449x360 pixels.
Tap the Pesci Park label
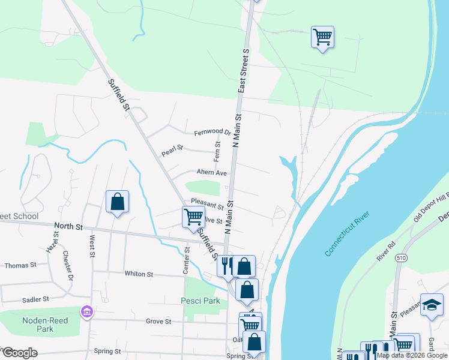(200, 301)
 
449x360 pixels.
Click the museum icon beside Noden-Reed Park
(86, 311)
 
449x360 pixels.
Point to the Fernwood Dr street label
(212, 133)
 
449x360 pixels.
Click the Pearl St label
(172, 151)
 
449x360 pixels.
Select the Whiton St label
(139, 274)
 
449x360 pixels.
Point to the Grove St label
(158, 322)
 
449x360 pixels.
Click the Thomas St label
(20, 265)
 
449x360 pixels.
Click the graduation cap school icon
(432, 304)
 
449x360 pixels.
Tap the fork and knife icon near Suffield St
(227, 265)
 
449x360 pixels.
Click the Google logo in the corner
(20, 353)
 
